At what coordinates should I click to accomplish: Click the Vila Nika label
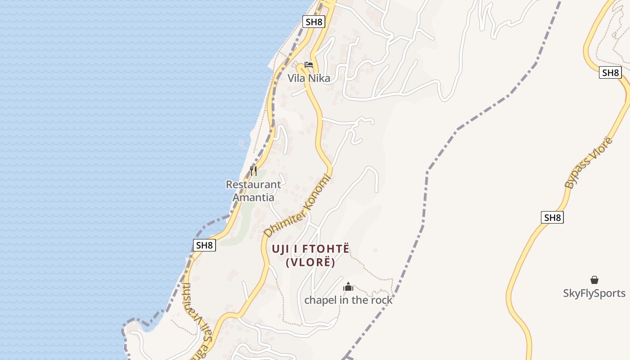pos(309,78)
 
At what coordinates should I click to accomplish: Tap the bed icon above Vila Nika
pos(309,65)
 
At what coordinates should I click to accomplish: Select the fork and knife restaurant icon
pos(253,171)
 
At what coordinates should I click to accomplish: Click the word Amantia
pos(253,198)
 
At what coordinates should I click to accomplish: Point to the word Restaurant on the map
pos(253,184)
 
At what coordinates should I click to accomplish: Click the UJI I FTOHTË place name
pos(310,249)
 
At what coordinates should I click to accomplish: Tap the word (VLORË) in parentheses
pos(310,263)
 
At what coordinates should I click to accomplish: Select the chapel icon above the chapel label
pos(348,287)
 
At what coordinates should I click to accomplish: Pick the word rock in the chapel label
pos(382,300)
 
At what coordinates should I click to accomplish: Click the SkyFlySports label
pos(594,293)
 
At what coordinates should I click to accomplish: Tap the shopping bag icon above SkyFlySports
pos(594,280)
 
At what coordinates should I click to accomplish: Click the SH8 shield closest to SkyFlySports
pos(552,218)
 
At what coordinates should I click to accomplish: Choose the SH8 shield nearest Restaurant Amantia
pos(204,245)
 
